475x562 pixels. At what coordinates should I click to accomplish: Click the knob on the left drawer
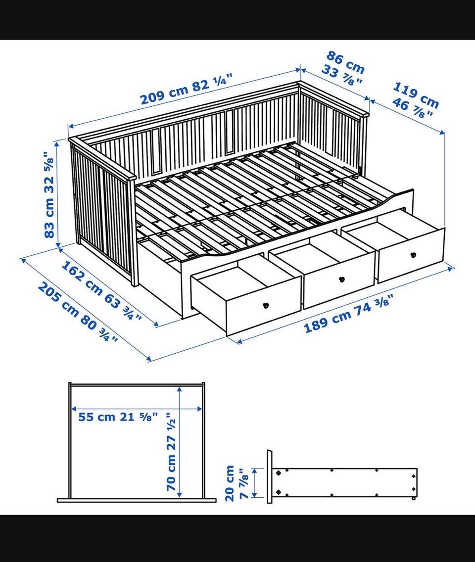[266, 306]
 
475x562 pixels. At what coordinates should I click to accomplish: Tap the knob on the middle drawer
[341, 279]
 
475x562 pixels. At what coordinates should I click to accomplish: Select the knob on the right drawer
[413, 255]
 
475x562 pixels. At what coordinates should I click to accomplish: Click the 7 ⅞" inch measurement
[244, 483]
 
